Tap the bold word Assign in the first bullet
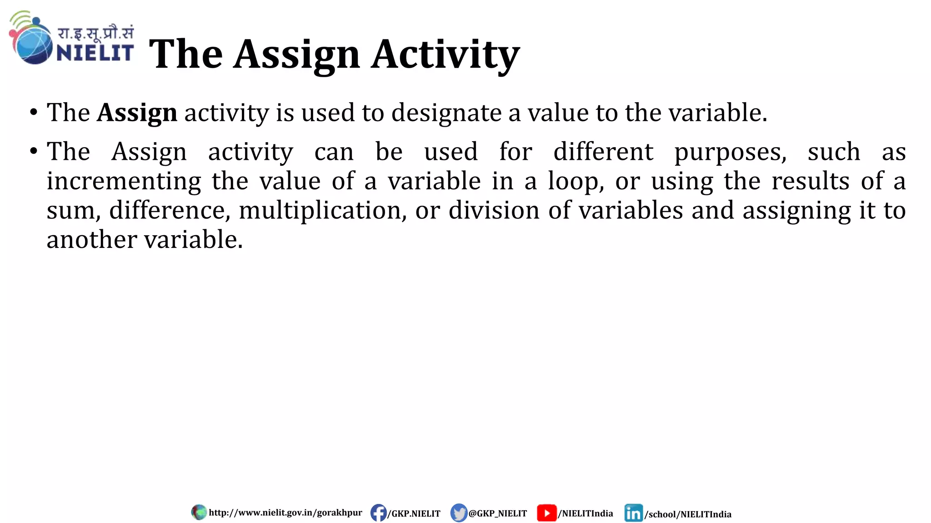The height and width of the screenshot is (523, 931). tap(137, 113)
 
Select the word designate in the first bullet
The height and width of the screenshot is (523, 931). tap(446, 113)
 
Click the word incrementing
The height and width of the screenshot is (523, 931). tap(124, 182)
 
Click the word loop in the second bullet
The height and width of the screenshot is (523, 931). tap(575, 182)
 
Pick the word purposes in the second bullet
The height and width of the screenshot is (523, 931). tap(730, 153)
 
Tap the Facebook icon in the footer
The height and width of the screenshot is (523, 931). tap(378, 513)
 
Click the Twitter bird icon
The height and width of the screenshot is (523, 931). tap(459, 513)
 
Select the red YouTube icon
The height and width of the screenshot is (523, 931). tap(546, 513)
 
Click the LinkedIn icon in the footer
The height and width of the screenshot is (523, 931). tap(633, 513)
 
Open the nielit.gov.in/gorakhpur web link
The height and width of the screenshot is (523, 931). tap(285, 513)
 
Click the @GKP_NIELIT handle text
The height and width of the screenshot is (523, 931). tap(497, 513)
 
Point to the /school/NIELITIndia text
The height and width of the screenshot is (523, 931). tap(688, 514)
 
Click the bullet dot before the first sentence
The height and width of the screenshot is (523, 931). tap(34, 112)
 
